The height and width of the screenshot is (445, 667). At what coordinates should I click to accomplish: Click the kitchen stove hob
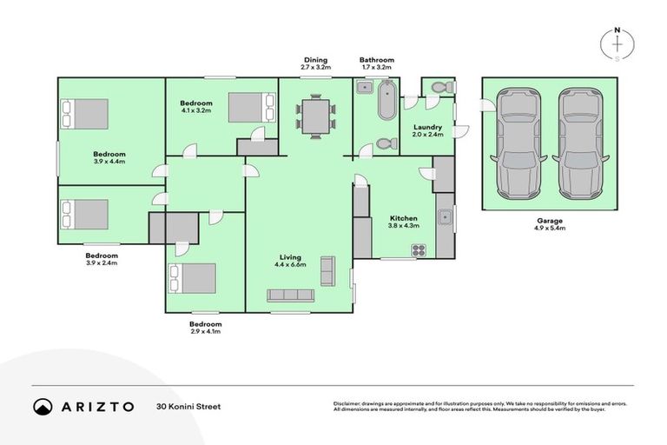(418, 249)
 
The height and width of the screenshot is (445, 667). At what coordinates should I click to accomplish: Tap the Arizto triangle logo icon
(43, 406)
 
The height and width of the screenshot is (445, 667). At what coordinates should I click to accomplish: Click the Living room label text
(290, 256)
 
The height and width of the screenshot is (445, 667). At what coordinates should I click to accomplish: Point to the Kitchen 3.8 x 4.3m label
(404, 222)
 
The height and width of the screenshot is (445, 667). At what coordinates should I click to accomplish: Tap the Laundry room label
(427, 130)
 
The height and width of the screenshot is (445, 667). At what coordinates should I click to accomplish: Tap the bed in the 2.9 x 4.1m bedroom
(193, 278)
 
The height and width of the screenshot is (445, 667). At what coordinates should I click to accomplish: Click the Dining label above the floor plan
(314, 61)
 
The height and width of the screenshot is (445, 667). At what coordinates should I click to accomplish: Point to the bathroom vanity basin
(364, 88)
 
